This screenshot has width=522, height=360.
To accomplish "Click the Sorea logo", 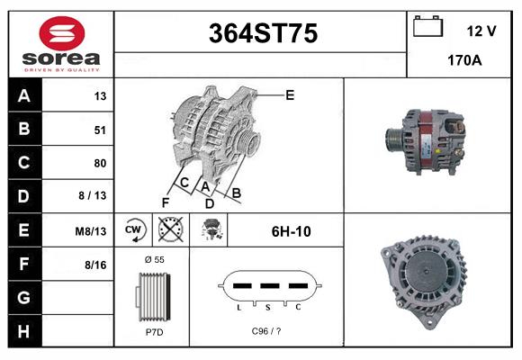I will [x=60, y=44].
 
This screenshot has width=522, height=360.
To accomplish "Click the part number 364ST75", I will [x=263, y=34].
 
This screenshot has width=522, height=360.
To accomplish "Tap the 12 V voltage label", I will [x=481, y=31].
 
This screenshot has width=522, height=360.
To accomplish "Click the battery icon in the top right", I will [x=427, y=28].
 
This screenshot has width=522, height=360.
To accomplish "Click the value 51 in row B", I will [x=100, y=130].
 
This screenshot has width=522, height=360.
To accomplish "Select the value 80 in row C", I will [x=100, y=163].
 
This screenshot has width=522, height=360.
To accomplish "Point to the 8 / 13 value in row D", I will [x=93, y=196].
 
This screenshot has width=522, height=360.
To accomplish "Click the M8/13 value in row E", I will [x=91, y=231].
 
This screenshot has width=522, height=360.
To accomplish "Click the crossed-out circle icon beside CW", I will [x=169, y=230].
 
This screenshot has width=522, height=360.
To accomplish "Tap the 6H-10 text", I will [x=291, y=231].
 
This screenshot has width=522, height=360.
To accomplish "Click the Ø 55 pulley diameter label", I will [x=153, y=259].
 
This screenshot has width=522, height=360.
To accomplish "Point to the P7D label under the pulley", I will [x=153, y=332].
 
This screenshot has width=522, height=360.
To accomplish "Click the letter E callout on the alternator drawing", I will [x=290, y=94].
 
